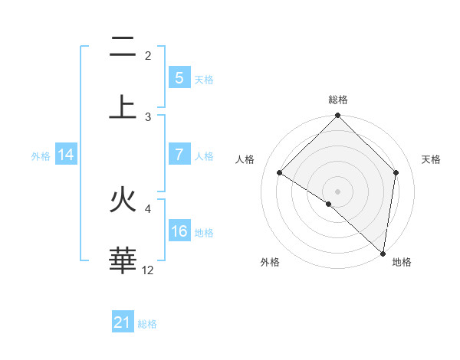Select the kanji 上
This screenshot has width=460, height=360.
[123, 106]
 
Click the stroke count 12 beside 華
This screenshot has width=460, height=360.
[148, 270]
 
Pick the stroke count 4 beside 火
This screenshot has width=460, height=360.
[148, 208]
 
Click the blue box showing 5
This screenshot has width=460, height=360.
[179, 77]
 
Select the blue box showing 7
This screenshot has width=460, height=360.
[179, 155]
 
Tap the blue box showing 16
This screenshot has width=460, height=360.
[179, 231]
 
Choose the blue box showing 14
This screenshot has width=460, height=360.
[66, 155]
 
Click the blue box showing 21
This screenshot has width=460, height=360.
[123, 322]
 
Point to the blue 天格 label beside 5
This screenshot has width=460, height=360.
[204, 79]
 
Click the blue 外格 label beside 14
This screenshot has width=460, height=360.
[41, 155]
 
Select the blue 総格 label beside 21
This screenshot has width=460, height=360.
[147, 323]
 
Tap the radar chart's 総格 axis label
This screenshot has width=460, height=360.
[338, 100]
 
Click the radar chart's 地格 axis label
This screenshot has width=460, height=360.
[402, 262]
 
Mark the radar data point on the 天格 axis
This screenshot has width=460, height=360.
[396, 172]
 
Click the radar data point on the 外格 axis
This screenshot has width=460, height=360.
[329, 204]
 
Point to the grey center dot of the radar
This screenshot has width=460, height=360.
[337, 191]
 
